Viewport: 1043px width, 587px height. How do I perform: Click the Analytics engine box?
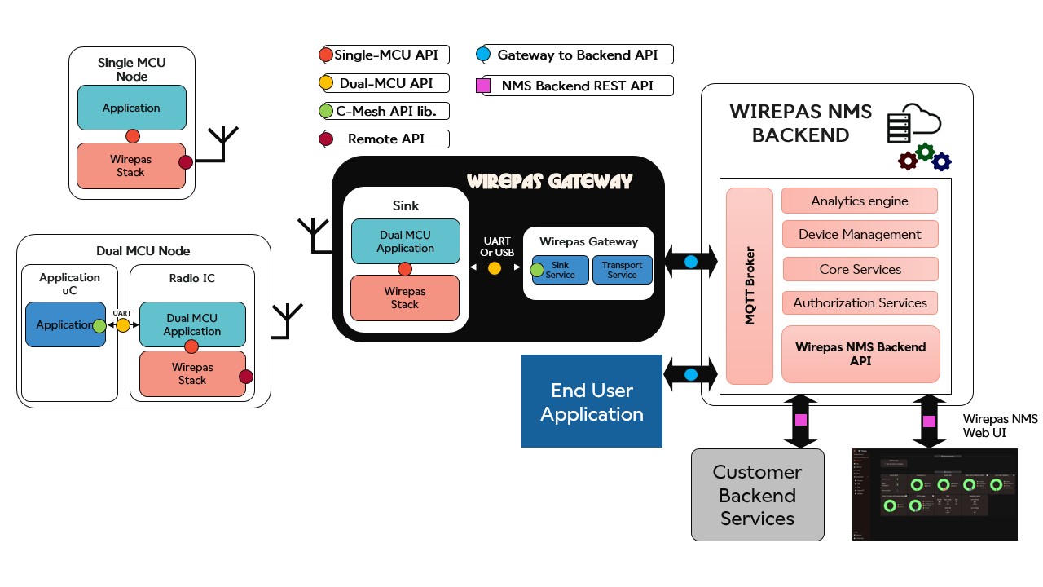[859, 201]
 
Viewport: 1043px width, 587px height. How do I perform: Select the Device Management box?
[860, 234]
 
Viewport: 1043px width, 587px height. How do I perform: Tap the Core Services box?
[860, 269]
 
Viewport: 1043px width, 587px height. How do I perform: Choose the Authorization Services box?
[860, 302]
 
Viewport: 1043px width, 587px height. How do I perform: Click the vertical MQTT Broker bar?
[750, 285]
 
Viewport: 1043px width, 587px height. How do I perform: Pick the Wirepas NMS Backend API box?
[860, 354]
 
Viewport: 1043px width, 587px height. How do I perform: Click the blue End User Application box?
[592, 401]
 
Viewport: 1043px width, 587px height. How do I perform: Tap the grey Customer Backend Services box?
[757, 495]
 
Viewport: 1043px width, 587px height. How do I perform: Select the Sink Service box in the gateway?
[561, 270]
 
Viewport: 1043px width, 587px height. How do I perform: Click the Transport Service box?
[622, 270]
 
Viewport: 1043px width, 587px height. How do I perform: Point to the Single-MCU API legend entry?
[385, 55]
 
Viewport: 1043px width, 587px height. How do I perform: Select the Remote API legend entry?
[385, 139]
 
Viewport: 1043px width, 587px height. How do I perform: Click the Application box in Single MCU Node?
[131, 108]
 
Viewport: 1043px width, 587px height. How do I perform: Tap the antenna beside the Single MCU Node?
[222, 143]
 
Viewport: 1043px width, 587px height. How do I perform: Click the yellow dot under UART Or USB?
[495, 267]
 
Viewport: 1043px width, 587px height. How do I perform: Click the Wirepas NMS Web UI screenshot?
[935, 493]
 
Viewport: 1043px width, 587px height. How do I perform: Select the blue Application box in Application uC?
[64, 324]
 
